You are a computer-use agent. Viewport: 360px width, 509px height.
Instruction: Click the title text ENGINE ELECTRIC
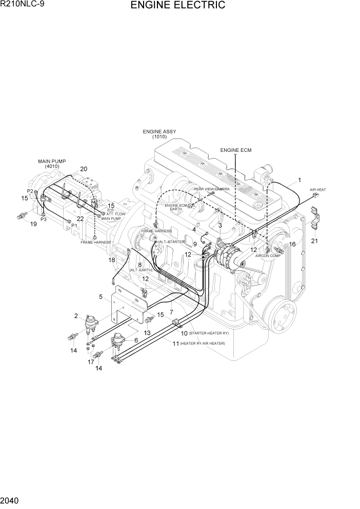(177, 6)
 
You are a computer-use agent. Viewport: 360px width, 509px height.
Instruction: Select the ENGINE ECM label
(236, 150)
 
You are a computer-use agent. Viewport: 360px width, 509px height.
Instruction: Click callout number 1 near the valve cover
(299, 180)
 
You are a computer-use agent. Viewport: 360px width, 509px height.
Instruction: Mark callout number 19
(33, 224)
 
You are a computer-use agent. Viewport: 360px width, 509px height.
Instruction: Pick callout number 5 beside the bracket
(101, 297)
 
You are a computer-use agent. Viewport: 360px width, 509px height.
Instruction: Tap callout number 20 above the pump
(84, 169)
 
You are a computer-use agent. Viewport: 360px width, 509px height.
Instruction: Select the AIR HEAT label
(318, 190)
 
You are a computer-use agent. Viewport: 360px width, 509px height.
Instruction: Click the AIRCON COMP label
(268, 256)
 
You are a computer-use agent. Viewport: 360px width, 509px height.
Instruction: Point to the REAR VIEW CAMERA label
(212, 189)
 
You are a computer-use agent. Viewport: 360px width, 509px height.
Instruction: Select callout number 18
(111, 260)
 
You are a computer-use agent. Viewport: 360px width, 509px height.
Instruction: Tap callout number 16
(292, 244)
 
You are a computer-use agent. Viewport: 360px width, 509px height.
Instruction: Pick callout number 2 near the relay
(76, 316)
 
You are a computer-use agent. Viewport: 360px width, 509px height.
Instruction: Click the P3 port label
(44, 219)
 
